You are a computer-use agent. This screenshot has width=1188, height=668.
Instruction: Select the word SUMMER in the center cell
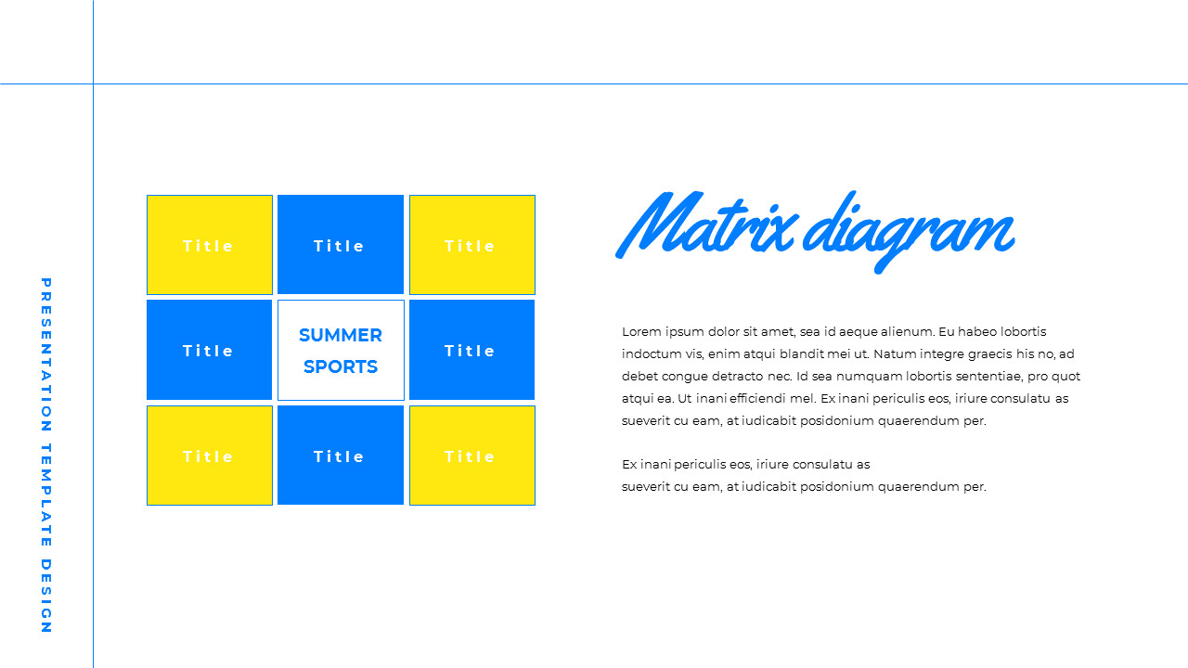tap(341, 335)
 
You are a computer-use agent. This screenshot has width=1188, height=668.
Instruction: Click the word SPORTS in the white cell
tap(341, 366)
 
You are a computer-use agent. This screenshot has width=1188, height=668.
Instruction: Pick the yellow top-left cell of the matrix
tap(210, 245)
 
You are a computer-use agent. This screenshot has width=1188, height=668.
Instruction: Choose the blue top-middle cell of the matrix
tap(341, 245)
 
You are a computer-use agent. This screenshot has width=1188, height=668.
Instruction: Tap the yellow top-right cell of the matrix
tap(471, 245)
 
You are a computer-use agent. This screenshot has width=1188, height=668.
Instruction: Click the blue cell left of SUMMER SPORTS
tap(210, 350)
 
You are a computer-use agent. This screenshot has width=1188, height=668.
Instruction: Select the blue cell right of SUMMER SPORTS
tap(471, 350)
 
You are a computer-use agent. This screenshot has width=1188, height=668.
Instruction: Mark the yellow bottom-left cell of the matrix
tap(210, 456)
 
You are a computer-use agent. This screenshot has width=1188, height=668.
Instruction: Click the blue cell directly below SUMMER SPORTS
tap(341, 456)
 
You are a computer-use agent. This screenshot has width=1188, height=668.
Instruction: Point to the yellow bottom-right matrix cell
tap(471, 456)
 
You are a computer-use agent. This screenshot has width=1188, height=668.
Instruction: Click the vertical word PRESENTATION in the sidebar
tap(45, 354)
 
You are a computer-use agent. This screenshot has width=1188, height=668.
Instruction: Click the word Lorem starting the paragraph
tap(642, 331)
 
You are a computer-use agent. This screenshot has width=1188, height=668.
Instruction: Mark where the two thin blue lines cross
tap(93, 83)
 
